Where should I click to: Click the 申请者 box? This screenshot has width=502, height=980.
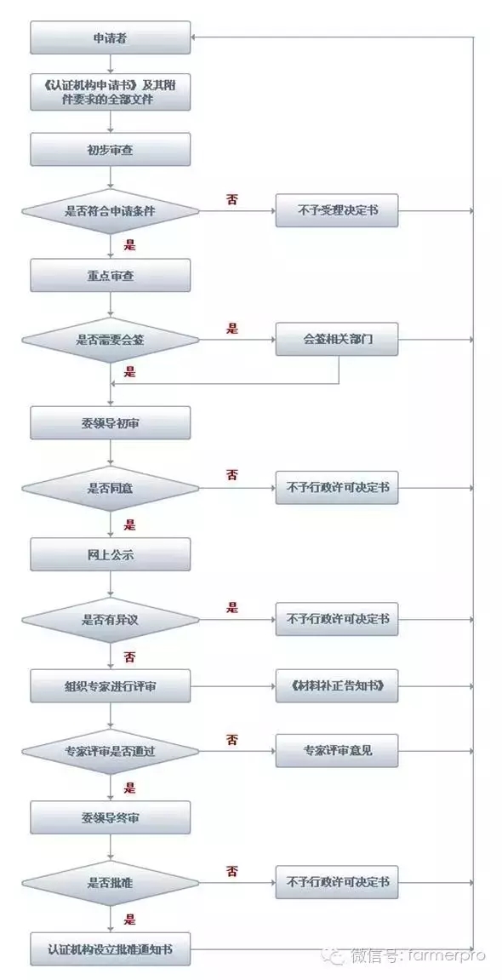click(111, 37)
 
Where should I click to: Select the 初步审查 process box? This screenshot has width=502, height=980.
click(111, 149)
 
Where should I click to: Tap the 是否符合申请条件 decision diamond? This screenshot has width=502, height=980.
click(111, 211)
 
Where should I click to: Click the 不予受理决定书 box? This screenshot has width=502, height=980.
click(337, 210)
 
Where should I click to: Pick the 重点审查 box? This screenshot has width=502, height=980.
click(111, 276)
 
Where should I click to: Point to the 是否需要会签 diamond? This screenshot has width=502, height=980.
click(111, 340)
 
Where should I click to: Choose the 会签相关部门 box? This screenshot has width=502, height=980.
click(337, 340)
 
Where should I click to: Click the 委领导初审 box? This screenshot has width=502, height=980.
click(111, 423)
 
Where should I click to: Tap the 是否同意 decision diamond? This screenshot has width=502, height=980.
click(111, 488)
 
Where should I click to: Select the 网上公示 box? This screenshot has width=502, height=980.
click(111, 553)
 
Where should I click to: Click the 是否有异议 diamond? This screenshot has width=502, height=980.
click(111, 620)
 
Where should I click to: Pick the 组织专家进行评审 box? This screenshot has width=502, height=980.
click(111, 685)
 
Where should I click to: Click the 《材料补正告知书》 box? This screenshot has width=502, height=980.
click(337, 685)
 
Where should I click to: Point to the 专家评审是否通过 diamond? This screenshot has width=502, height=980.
click(111, 751)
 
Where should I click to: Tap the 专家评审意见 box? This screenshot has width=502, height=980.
click(337, 751)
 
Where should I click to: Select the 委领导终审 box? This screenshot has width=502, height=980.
click(111, 817)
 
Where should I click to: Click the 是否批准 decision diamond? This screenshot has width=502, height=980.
click(111, 883)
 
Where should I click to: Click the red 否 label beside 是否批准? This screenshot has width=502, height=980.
click(232, 872)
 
